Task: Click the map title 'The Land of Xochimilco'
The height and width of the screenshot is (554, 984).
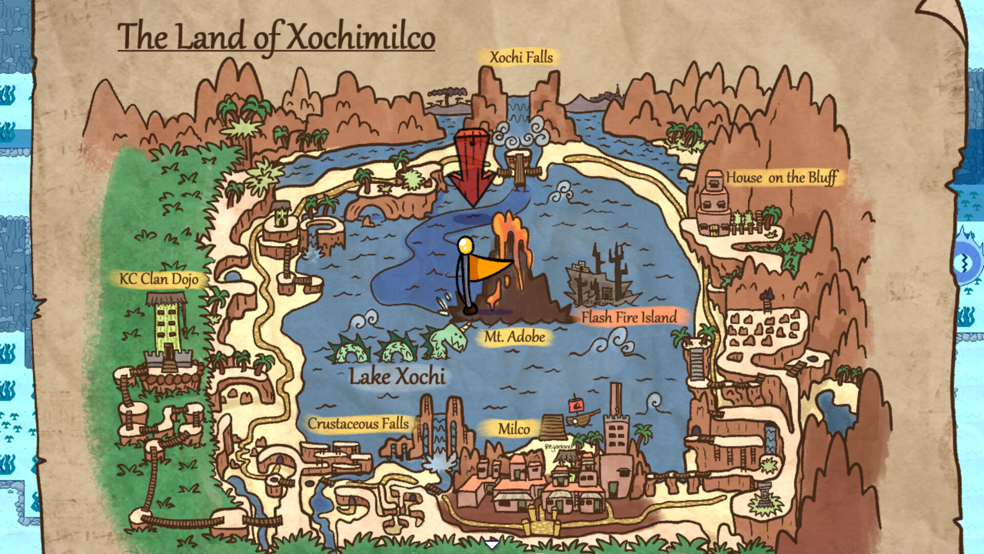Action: pyautogui.click(x=276, y=37)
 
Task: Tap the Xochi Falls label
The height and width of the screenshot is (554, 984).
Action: pyautogui.click(x=521, y=57)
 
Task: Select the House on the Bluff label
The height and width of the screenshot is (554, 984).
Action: pyautogui.click(x=781, y=177)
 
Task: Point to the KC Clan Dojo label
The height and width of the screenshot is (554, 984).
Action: pyautogui.click(x=159, y=279)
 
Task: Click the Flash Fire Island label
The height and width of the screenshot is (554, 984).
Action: pyautogui.click(x=629, y=318)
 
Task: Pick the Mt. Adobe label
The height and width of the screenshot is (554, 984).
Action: pyautogui.click(x=515, y=337)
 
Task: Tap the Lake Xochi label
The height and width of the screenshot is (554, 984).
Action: pyautogui.click(x=397, y=377)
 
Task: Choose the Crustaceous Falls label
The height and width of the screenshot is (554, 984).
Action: pyautogui.click(x=358, y=424)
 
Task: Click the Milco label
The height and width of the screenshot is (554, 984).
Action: pyautogui.click(x=514, y=429)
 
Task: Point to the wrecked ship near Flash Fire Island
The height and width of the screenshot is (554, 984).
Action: pyautogui.click(x=602, y=280)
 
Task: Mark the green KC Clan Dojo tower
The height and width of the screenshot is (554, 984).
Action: pyautogui.click(x=167, y=323)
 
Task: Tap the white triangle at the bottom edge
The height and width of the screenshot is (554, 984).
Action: pyautogui.click(x=491, y=544)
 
